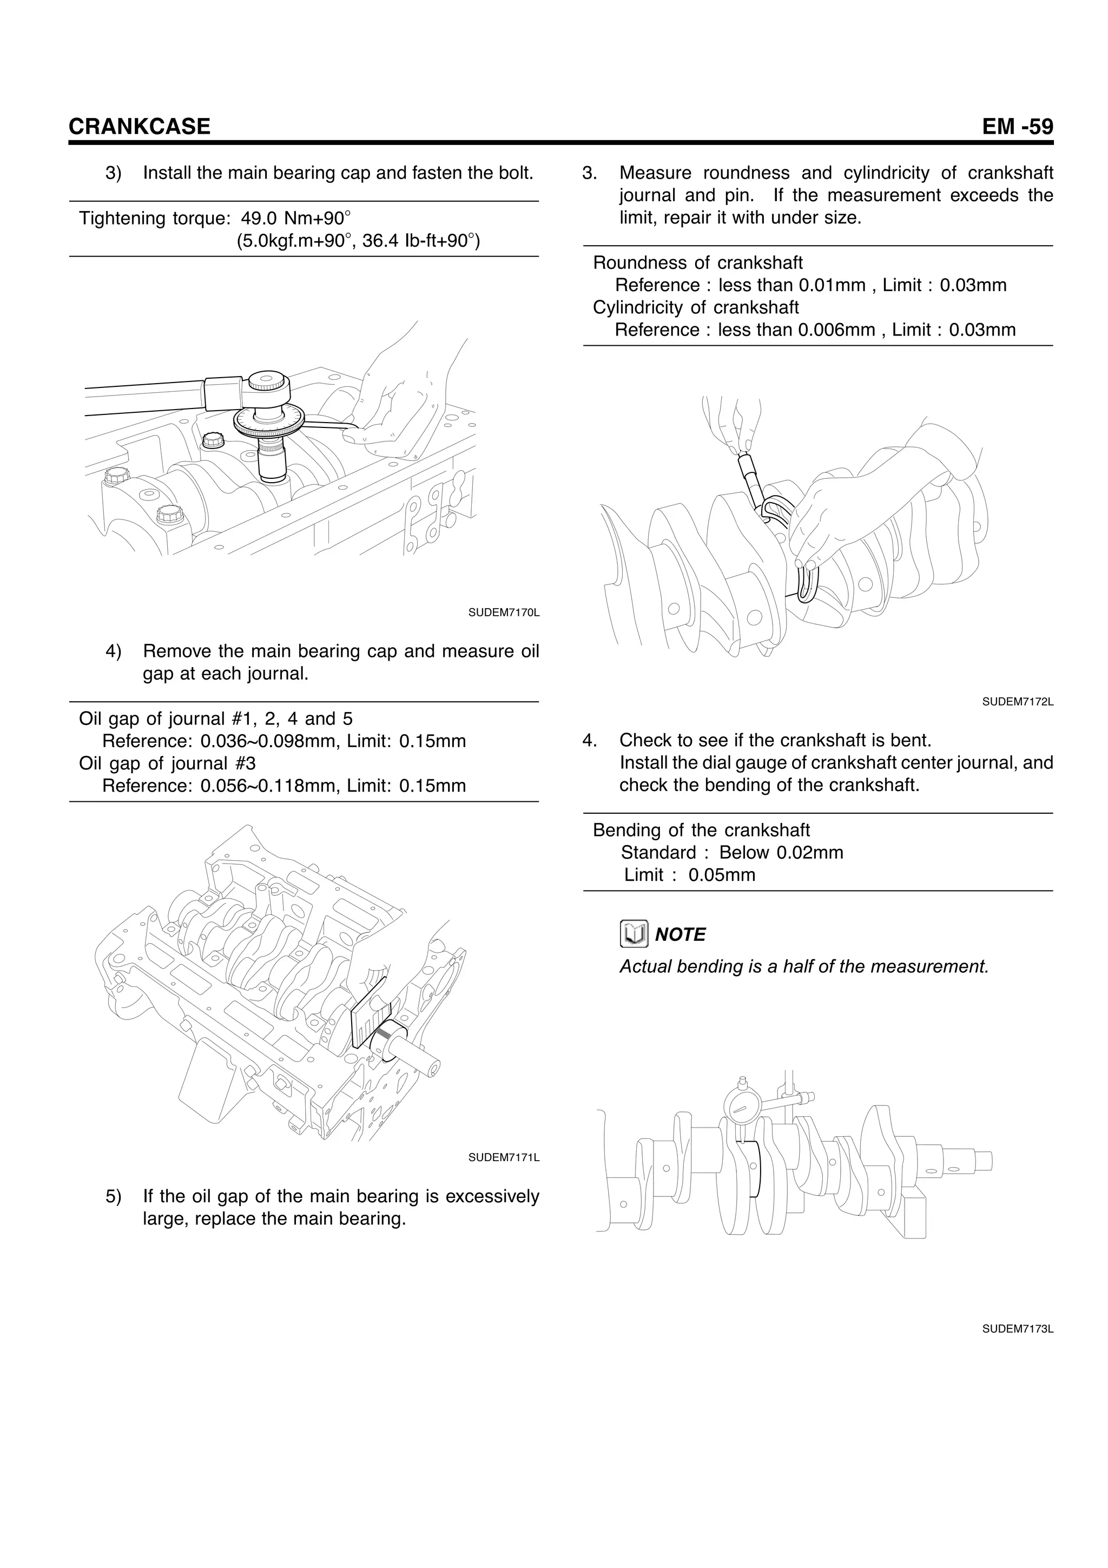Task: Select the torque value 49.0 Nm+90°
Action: coord(295,219)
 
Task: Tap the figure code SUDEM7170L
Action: coord(504,612)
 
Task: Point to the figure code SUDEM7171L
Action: coord(504,1157)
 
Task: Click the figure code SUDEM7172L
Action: coord(1018,701)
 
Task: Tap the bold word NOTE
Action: coord(680,934)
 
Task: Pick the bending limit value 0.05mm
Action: coord(722,875)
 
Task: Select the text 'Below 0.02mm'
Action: coord(781,852)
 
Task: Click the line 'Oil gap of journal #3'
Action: coord(167,763)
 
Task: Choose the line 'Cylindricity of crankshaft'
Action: coord(696,307)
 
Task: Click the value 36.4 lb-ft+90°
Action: coord(421,241)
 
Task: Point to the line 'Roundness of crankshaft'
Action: coord(698,263)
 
